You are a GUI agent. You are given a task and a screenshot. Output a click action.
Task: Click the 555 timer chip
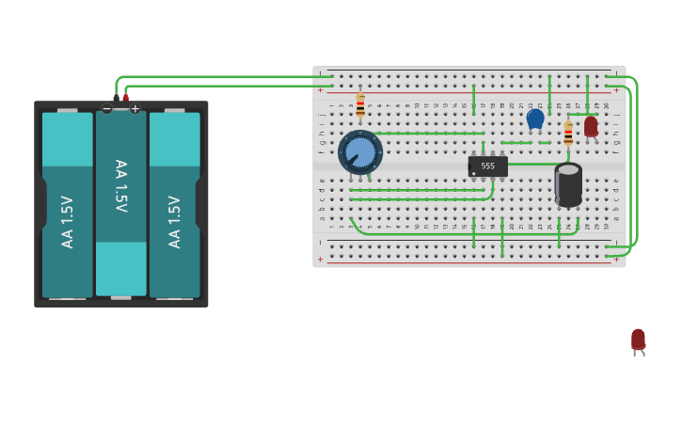pos(488,166)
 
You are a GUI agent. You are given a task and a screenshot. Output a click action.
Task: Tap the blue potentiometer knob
pos(359,151)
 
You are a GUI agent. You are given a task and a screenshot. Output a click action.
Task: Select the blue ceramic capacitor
pos(535,118)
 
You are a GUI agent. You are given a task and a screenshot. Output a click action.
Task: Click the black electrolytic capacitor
pos(568,184)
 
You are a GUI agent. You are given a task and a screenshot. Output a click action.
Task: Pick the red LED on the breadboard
pos(591,126)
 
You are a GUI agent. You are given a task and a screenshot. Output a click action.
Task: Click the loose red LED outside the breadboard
pos(638,339)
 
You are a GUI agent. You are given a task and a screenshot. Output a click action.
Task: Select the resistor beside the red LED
pos(568,134)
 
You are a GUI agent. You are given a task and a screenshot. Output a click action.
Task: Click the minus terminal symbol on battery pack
pos(106,109)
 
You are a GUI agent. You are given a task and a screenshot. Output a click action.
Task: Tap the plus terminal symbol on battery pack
pos(135,109)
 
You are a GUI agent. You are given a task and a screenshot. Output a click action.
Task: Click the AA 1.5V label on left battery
pos(67,222)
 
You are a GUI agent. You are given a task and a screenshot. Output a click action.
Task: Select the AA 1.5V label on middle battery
pos(120,185)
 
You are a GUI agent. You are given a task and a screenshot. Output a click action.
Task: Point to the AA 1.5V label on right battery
pos(174,222)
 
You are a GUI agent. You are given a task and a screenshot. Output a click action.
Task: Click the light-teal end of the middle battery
pos(120,269)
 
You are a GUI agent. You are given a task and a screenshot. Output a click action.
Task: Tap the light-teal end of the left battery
pos(67,138)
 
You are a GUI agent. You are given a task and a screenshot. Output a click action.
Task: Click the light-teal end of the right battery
pos(174,138)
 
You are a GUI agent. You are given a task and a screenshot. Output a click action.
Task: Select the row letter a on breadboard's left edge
pos(322,218)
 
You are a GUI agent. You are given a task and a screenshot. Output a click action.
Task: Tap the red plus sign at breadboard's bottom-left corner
pos(320,259)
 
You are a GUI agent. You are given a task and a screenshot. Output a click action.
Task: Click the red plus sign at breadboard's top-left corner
pos(320,91)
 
